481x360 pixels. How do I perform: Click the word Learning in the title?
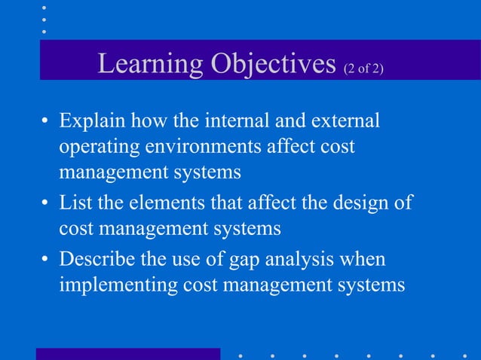pyautogui.click(x=142, y=64)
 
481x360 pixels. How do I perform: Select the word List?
pyautogui.click(x=75, y=203)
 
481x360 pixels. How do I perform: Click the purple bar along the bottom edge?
pyautogui.click(x=128, y=354)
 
